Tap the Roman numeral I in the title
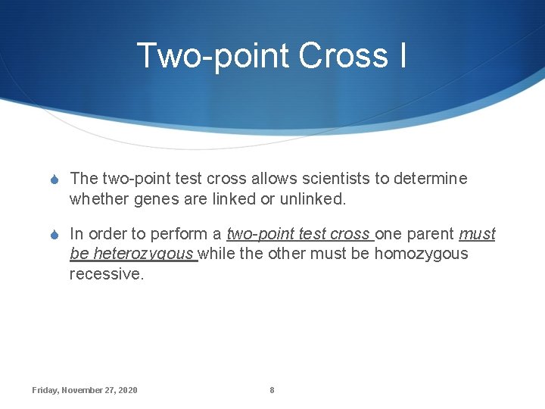coord(400,55)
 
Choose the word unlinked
coord(313,198)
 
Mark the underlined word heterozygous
coord(144,254)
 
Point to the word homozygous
coord(422,254)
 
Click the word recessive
coord(106,273)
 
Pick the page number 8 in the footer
coord(272,390)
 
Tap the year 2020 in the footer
coord(128,390)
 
